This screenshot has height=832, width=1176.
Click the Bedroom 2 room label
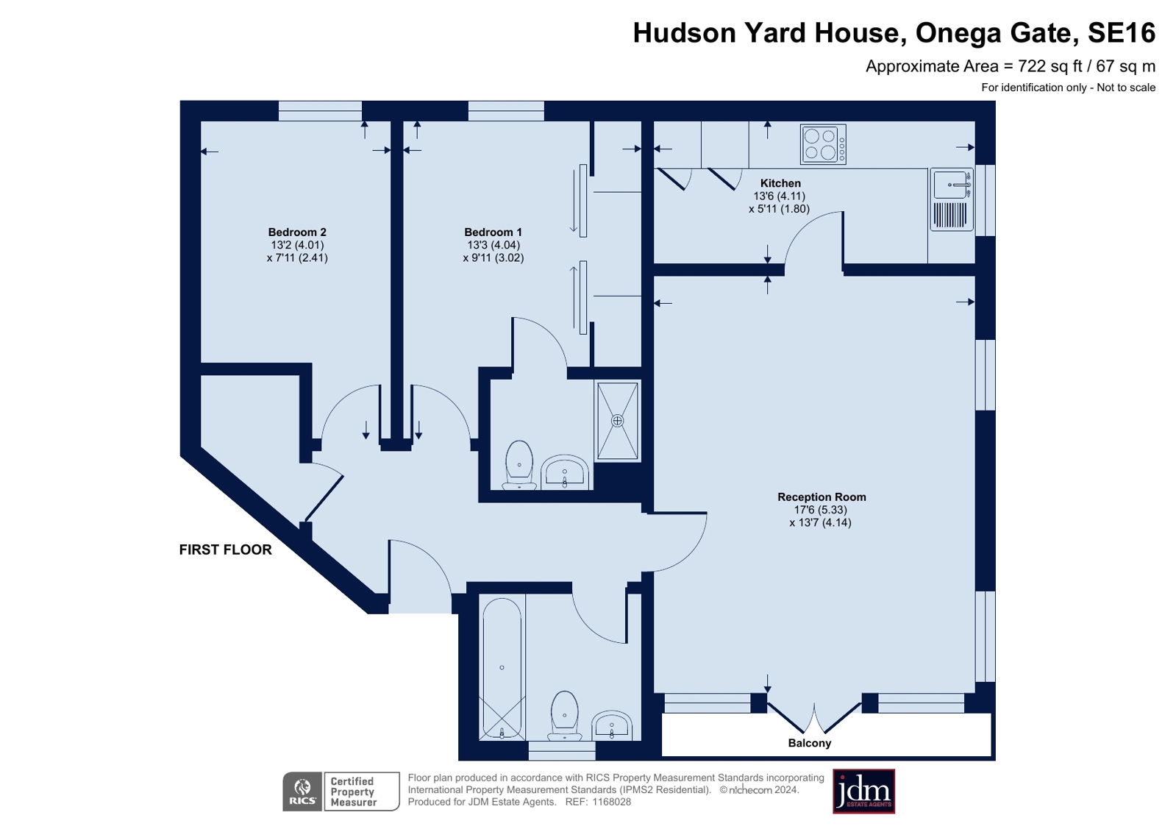tap(297, 232)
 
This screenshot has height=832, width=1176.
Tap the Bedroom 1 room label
tap(493, 232)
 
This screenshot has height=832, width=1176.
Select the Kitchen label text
tap(780, 183)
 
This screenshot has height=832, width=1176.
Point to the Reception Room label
tap(822, 497)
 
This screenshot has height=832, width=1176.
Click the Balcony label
tap(810, 743)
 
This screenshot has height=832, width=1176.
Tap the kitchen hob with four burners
tap(823, 144)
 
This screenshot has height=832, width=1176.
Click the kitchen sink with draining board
tap(952, 199)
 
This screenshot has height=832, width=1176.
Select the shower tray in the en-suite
tap(617, 422)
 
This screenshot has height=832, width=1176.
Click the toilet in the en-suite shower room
tap(519, 465)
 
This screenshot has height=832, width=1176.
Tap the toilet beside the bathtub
tap(564, 715)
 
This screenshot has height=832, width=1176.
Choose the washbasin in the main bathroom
tap(612, 725)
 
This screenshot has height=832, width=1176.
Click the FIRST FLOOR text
tap(226, 550)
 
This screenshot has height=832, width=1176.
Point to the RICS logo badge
tap(302, 792)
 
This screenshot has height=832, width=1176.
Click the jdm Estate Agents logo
tap(863, 792)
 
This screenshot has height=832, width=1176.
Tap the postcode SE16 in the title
tap(1122, 32)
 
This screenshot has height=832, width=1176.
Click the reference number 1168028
tap(612, 802)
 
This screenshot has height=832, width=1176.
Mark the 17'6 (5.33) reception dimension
tap(821, 510)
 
